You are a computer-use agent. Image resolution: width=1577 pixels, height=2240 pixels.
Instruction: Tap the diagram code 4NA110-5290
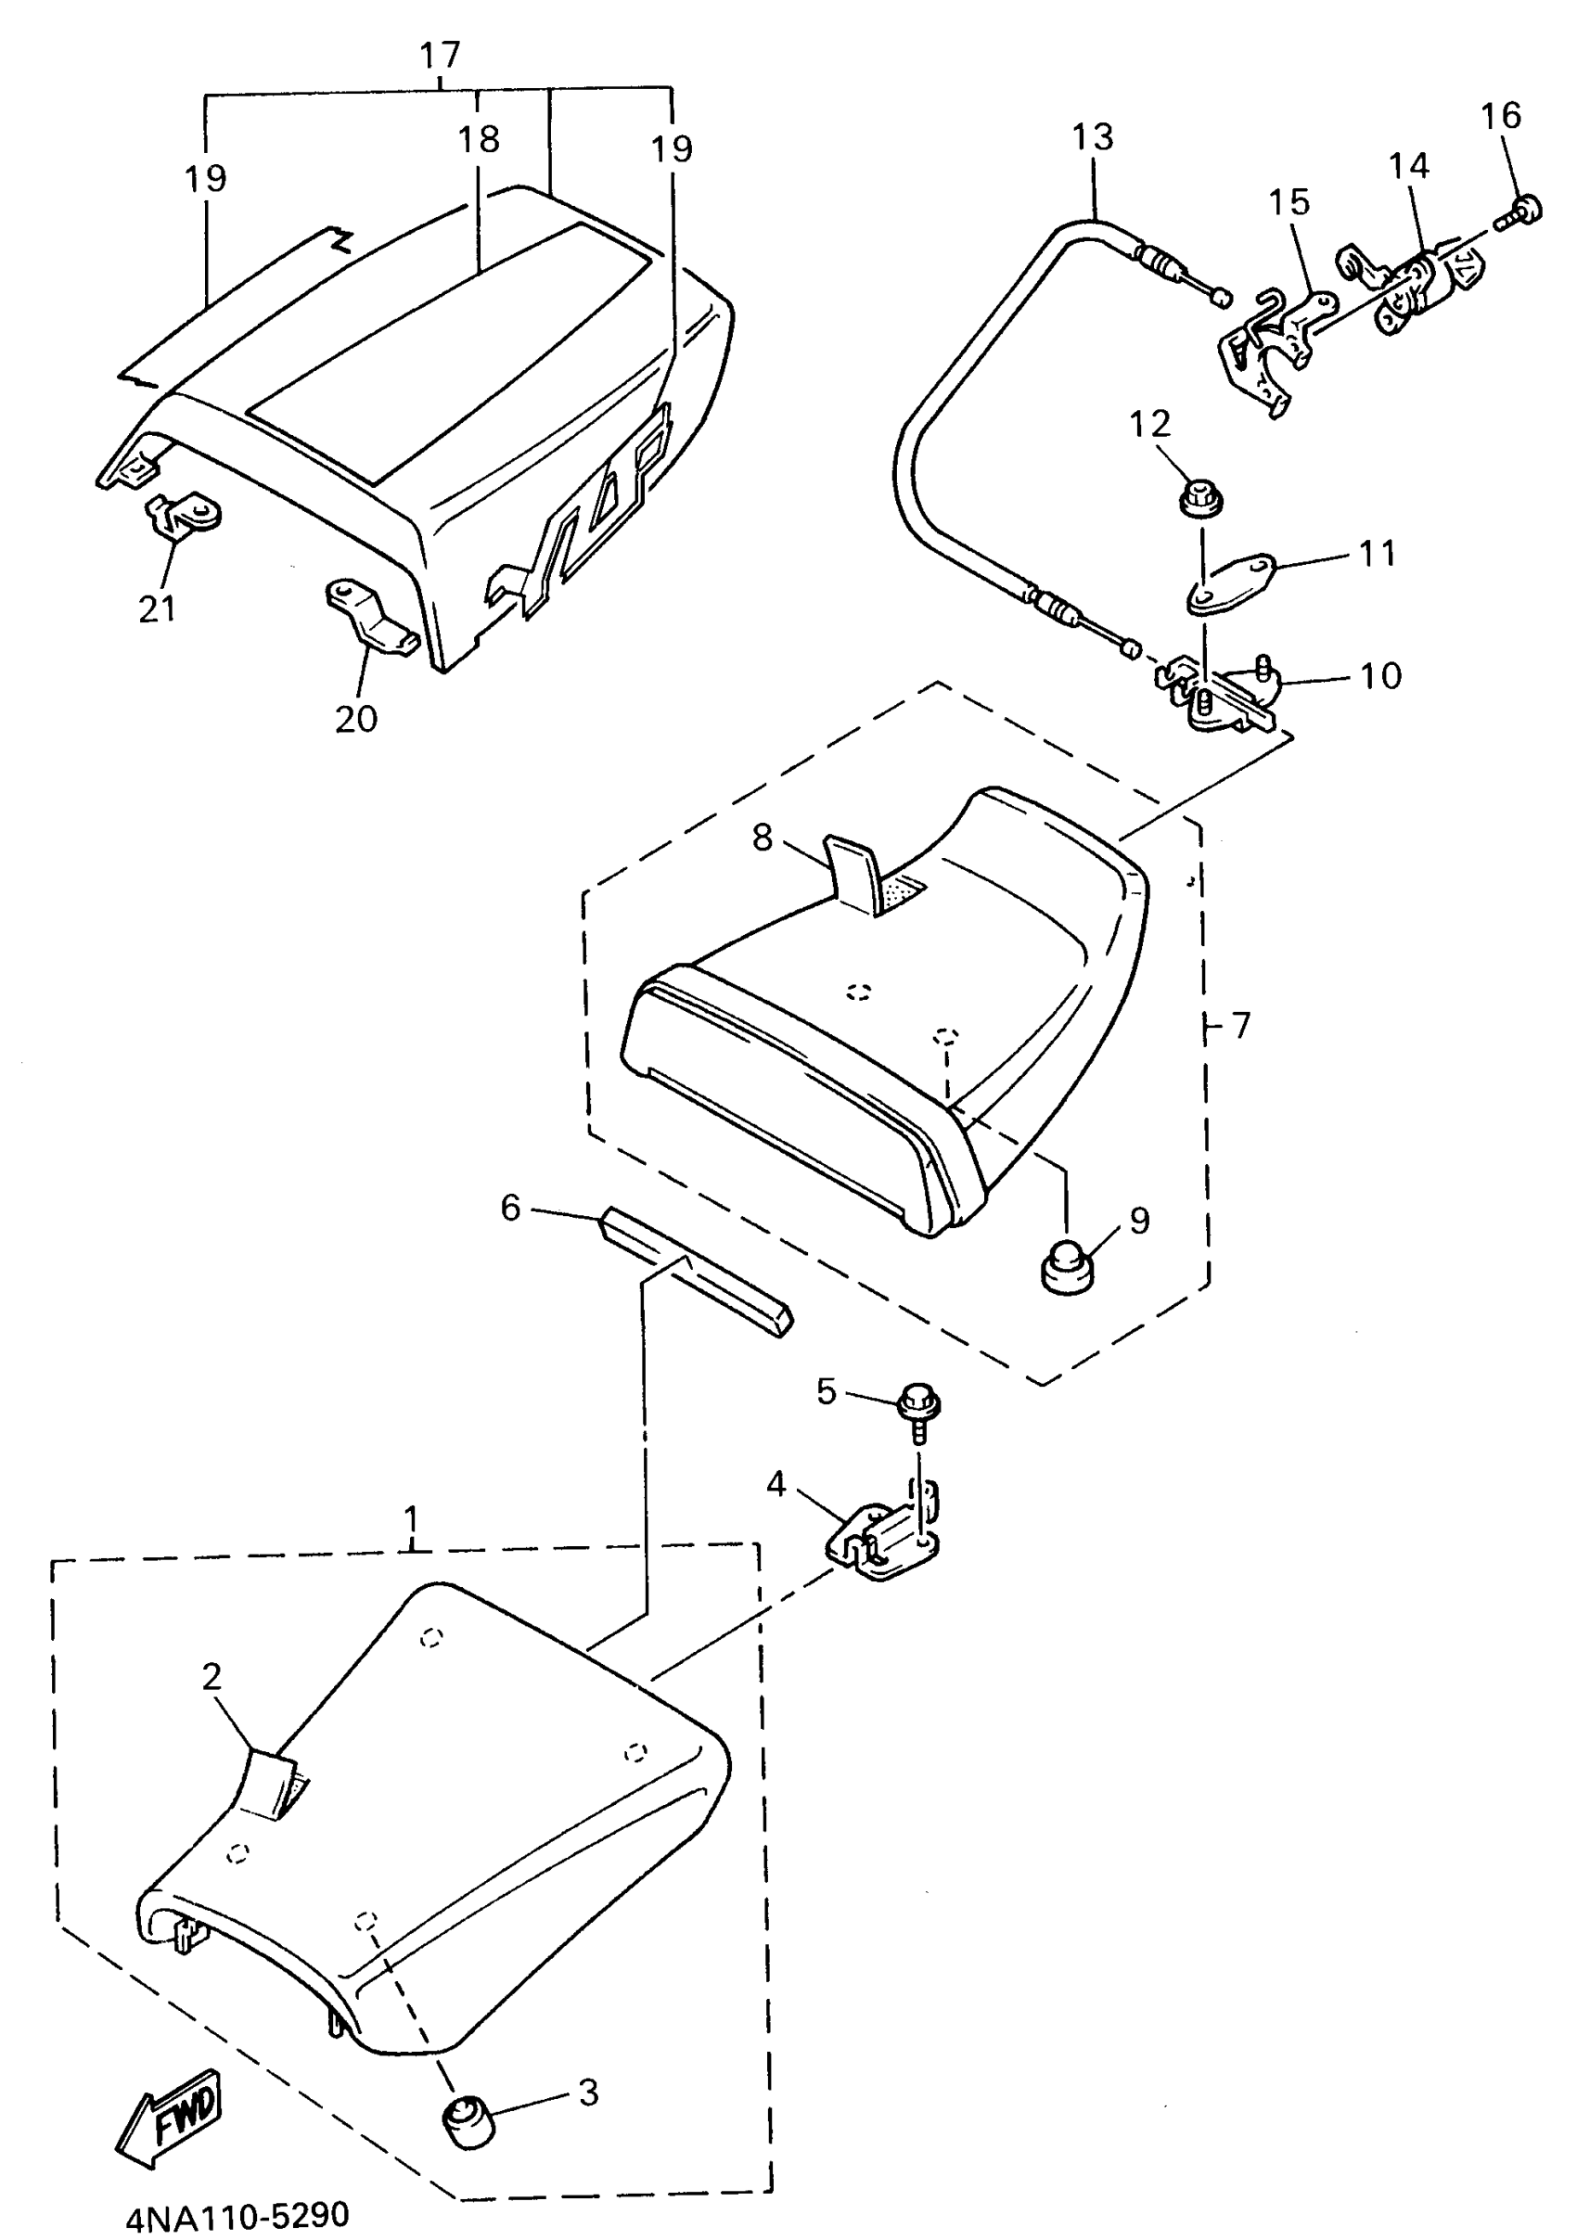pyautogui.click(x=237, y=2216)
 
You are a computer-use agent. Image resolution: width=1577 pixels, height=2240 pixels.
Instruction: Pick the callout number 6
pyautogui.click(x=510, y=1208)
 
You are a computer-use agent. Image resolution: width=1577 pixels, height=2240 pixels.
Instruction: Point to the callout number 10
pyautogui.click(x=1380, y=675)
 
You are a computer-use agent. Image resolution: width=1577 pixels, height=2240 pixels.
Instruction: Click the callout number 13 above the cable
pyautogui.click(x=1092, y=136)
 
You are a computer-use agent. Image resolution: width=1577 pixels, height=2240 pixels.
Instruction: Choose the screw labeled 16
pyautogui.click(x=1521, y=210)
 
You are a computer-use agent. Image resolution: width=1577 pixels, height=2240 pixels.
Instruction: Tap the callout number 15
pyautogui.click(x=1289, y=202)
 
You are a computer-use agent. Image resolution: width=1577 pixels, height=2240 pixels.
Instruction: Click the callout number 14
pyautogui.click(x=1408, y=166)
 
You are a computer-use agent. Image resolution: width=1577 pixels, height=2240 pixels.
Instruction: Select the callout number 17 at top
pyautogui.click(x=439, y=55)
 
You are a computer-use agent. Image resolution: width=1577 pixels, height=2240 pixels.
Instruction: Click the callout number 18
pyautogui.click(x=478, y=139)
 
